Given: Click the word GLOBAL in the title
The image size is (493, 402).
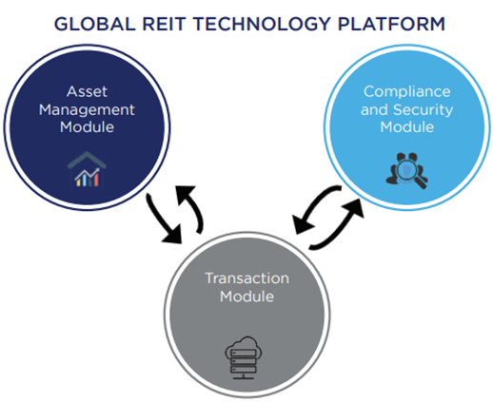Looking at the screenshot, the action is point(95,24).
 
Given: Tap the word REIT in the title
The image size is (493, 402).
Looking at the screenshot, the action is point(164,24).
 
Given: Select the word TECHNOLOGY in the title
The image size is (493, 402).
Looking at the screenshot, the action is point(262,24).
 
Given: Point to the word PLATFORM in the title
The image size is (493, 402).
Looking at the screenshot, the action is point(391,24).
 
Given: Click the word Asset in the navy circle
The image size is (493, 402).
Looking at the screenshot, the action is point(87,92).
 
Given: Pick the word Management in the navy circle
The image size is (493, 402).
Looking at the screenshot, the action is point(87,110).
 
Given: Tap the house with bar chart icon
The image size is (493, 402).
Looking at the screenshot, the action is point(87,169).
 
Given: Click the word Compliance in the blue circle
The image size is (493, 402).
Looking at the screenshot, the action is point(407,92).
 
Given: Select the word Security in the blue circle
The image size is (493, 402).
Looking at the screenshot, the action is point(424,110).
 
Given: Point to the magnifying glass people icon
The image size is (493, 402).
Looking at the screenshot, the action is point(406,170).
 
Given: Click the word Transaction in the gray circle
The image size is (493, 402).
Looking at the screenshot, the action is point(247,278).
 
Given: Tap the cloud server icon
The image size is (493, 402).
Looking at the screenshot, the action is point(244,357).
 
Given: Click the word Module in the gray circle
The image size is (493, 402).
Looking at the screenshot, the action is point(247,297).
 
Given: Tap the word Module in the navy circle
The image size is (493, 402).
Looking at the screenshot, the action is point(87,127).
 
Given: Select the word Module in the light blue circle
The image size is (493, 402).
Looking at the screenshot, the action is point(407,127).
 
